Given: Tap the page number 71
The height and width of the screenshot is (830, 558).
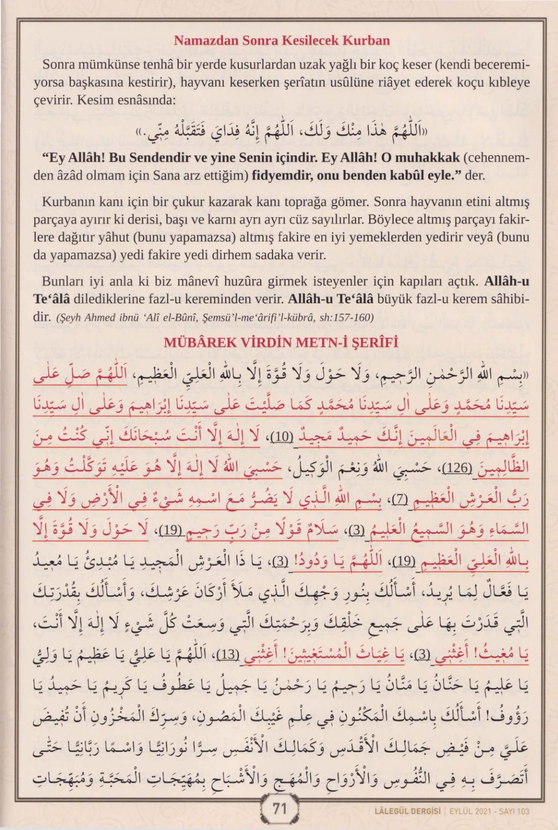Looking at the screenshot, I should (x=279, y=809).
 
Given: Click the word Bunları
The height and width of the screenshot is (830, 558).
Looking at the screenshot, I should (x=62, y=281).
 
